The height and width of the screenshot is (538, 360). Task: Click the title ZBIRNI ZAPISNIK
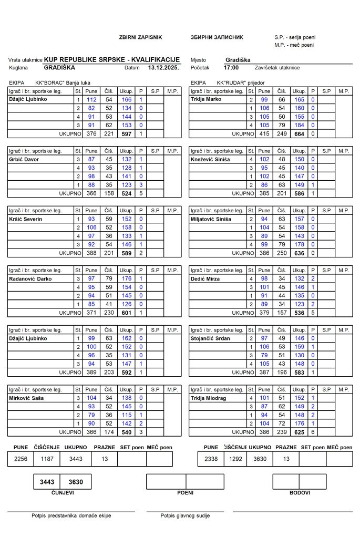pos(141,38)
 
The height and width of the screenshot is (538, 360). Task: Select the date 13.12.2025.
pos(163,68)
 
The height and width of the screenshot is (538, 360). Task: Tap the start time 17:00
pos(231,68)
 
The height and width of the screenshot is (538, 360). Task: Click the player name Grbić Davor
pos(24,159)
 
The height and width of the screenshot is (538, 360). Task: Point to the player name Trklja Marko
pos(206,99)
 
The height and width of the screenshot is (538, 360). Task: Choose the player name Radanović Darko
pos(30,279)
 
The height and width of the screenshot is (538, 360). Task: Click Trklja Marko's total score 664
pos(299,133)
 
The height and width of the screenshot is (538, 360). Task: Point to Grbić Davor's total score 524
pos(127,193)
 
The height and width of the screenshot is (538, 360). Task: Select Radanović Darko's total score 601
pos(127,313)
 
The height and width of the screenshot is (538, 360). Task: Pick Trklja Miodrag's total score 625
pos(299,433)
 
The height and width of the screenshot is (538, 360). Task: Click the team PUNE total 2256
pos(21,459)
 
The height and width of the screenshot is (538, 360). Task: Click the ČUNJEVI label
pos(63,493)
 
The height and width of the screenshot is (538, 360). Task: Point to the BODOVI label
pos(300,493)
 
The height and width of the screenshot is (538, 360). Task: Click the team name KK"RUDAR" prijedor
pos(241,83)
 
